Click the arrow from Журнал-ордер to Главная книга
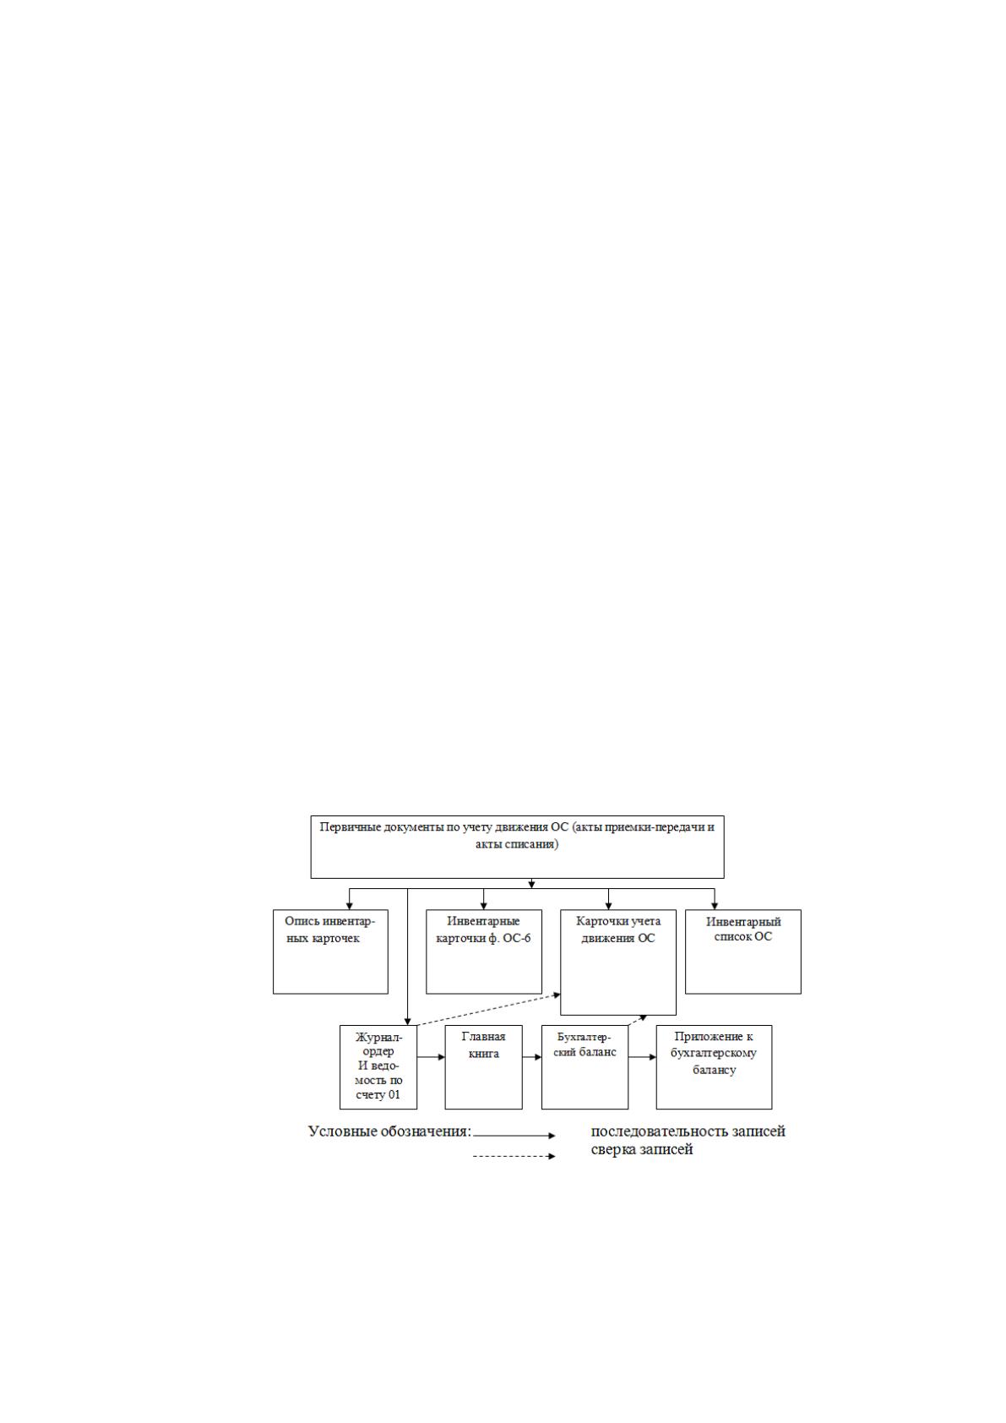tap(432, 1057)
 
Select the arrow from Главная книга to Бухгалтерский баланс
tap(532, 1057)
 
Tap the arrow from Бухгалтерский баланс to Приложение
tap(642, 1057)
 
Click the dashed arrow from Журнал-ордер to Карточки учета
tap(488, 1009)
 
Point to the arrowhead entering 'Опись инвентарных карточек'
tap(350, 906)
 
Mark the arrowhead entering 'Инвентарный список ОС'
tap(715, 906)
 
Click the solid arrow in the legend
tap(514, 1135)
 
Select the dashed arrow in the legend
tap(514, 1156)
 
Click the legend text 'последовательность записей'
tap(688, 1131)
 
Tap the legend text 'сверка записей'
tap(641, 1149)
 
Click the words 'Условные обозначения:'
tap(390, 1131)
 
